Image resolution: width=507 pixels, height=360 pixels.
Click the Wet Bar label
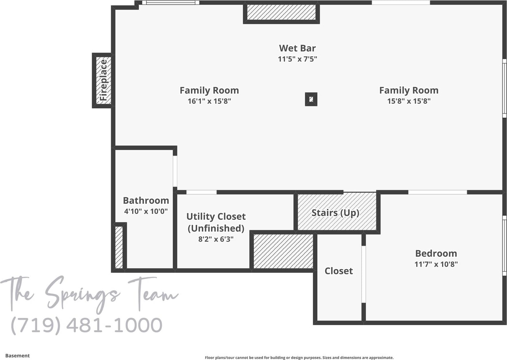297,48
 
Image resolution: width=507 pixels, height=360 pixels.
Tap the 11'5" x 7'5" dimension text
297,59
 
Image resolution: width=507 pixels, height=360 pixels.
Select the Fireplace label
103,80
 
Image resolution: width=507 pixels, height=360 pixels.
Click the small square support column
311,99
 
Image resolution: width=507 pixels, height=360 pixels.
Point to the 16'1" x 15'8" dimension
209,101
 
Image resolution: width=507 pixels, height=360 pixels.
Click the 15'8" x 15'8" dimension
409,101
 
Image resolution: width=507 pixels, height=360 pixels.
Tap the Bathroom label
146,200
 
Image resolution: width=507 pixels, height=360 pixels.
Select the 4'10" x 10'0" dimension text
146,211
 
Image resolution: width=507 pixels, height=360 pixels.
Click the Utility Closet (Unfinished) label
216,222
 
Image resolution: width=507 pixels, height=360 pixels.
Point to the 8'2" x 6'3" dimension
216,239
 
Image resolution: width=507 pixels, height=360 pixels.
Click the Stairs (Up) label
335,213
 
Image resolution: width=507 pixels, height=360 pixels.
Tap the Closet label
339,271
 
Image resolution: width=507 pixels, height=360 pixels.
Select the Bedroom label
436,253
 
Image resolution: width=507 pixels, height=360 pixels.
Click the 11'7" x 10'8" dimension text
436,264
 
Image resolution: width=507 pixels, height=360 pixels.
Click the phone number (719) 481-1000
87,325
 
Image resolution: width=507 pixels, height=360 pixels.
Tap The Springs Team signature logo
89,294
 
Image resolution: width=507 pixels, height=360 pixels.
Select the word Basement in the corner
17,356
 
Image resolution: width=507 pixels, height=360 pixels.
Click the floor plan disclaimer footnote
299,358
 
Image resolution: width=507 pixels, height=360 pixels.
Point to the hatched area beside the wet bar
281,12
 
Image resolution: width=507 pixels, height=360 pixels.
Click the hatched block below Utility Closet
283,251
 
